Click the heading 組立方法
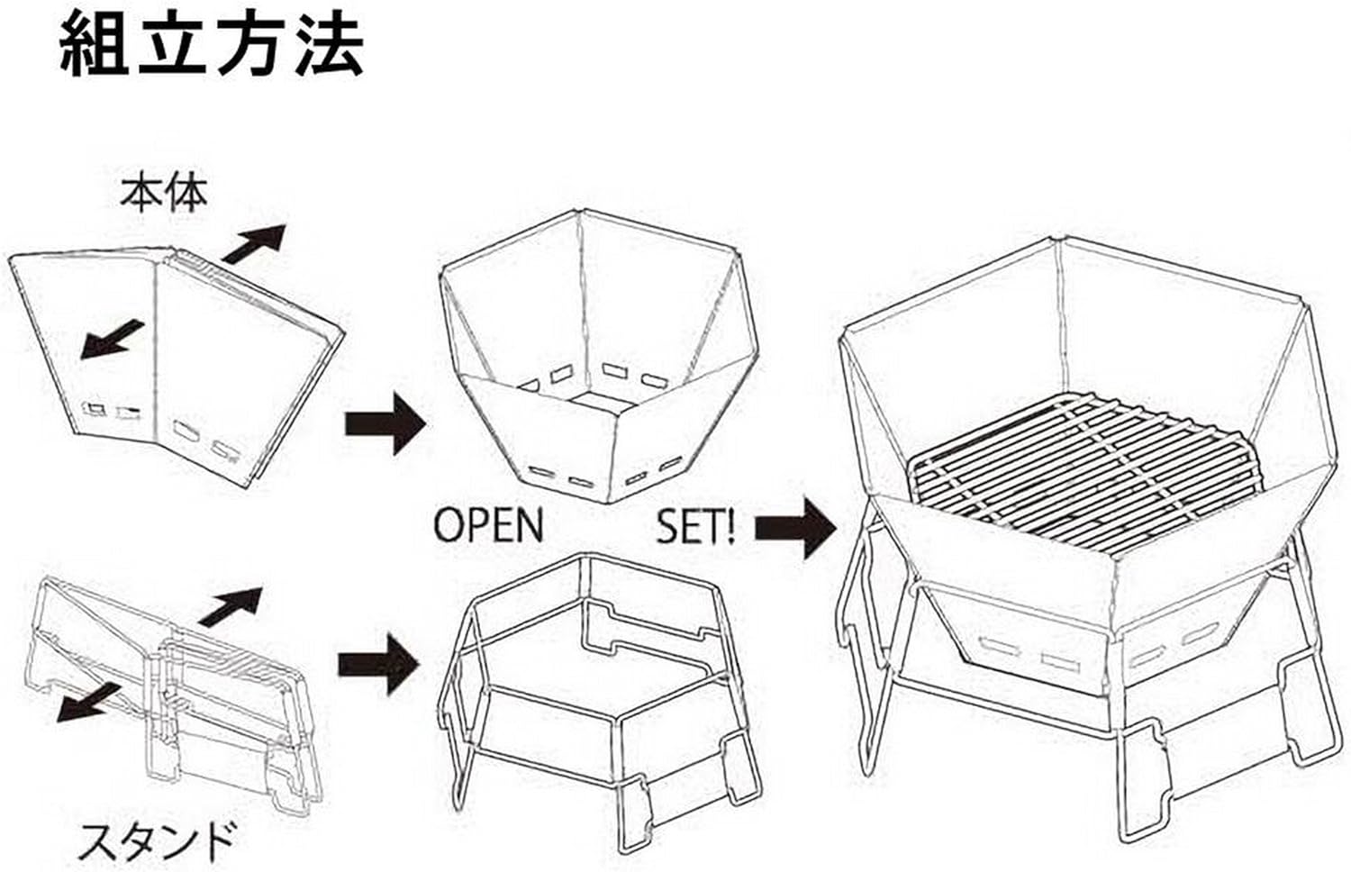212,45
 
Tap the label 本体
164,194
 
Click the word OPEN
489,526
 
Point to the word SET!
695,526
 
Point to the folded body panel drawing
180,360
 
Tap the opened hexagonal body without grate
594,351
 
